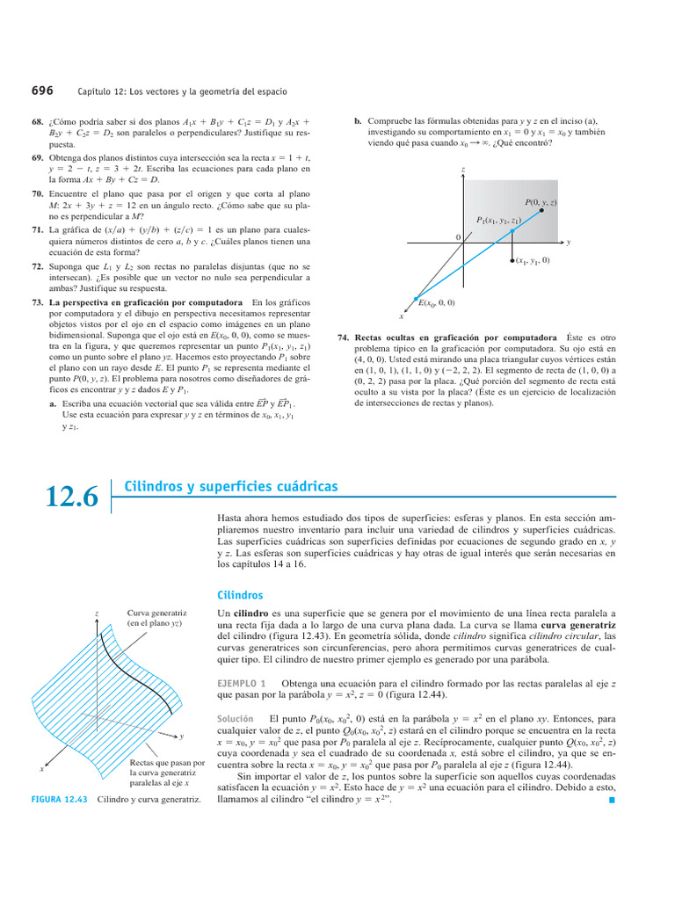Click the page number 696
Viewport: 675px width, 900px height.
pyautogui.click(x=42, y=90)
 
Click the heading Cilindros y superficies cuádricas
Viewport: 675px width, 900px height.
pyautogui.click(x=231, y=486)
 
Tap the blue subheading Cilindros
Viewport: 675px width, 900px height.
pyautogui.click(x=239, y=595)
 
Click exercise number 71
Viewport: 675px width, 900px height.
pyautogui.click(x=38, y=229)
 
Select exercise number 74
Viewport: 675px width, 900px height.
pyautogui.click(x=344, y=337)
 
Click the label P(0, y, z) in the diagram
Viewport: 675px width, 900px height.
pyautogui.click(x=541, y=201)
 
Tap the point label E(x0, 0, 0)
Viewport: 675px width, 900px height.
pyautogui.click(x=436, y=303)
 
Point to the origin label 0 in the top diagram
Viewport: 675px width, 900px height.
pyautogui.click(x=457, y=238)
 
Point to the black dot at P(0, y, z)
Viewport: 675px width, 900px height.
pyautogui.click(x=542, y=211)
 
